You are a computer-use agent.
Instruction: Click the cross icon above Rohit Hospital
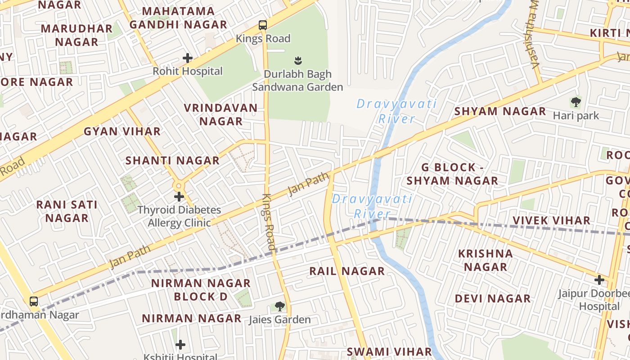coord(188,58)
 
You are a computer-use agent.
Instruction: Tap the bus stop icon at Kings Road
coord(263,25)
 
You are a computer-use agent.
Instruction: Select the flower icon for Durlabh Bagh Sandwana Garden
coord(297,60)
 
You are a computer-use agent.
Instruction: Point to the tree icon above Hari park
coord(576,102)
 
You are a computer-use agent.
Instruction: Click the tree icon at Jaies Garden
coord(279,306)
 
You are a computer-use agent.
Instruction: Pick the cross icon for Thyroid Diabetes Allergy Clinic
coord(179,196)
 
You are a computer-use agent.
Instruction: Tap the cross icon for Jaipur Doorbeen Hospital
coord(599,280)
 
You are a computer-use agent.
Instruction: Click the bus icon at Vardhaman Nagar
coord(34,301)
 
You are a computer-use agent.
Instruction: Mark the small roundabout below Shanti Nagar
coord(179,185)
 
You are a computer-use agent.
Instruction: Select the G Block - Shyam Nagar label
coord(452,174)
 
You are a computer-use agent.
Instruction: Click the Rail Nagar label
coord(347,271)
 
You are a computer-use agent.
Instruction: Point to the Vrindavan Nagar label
coord(221,114)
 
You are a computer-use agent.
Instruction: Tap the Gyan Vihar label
coord(122,131)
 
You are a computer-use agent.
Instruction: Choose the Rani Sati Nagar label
coord(67,211)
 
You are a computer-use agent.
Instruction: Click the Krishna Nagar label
coord(486,260)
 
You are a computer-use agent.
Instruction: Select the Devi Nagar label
coord(493,299)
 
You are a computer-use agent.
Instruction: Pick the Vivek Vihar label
coord(552,220)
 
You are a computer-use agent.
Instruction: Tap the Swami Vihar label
coord(390,351)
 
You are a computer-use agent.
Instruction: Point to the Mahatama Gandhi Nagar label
coord(179,18)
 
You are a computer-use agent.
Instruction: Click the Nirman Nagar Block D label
coord(201,290)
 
